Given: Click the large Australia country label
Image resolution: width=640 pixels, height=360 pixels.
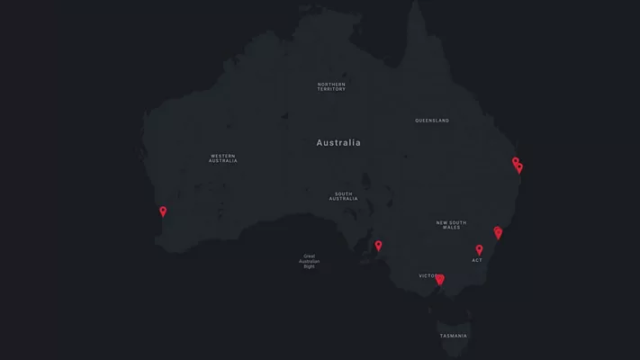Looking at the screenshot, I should tap(338, 143).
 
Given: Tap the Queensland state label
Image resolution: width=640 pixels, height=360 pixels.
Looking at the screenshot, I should tap(432, 121).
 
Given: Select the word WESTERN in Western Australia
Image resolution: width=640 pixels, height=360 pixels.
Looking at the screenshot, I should tap(223, 156).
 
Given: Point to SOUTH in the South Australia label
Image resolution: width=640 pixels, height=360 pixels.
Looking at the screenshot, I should tap(343, 193).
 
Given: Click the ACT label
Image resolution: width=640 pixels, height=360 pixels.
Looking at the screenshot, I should tap(477, 261).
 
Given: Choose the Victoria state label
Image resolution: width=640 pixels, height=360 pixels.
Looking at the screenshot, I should tap(428, 276).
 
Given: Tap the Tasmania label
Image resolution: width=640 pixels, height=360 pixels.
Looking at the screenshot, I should tap(454, 336).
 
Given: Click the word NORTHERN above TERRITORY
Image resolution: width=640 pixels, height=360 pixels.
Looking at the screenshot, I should tap(331, 85).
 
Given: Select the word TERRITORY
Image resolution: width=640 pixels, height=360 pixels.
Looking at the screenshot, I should tap(331, 90).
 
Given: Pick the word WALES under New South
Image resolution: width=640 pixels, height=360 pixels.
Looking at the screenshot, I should tap(451, 228).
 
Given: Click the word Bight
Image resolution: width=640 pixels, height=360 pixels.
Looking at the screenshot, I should tap(310, 266).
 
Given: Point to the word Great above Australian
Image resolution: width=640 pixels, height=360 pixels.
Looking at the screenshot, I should tap(310, 255).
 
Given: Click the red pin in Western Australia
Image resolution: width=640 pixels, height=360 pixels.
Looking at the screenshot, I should tap(163, 212).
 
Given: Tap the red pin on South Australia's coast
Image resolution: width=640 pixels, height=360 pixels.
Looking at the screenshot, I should tap(378, 246).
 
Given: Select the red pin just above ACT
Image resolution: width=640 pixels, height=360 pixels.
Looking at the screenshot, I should tap(479, 250).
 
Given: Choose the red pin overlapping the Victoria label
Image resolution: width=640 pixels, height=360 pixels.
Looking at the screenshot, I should tap(439, 280).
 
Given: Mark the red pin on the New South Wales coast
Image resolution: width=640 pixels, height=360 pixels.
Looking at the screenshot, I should tap(498, 233).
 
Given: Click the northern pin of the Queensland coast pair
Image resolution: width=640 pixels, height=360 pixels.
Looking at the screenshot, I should tap(516, 163).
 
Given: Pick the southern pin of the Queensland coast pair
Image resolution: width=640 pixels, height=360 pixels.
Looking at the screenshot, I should tap(519, 168).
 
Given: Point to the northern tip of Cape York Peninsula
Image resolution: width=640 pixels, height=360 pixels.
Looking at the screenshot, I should tap(415, 4).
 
